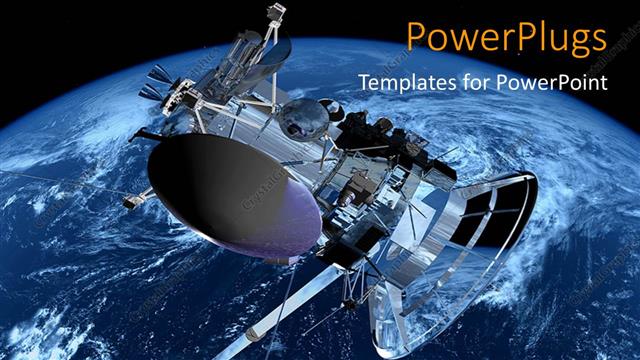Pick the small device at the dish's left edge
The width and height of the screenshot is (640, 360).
[131, 199]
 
